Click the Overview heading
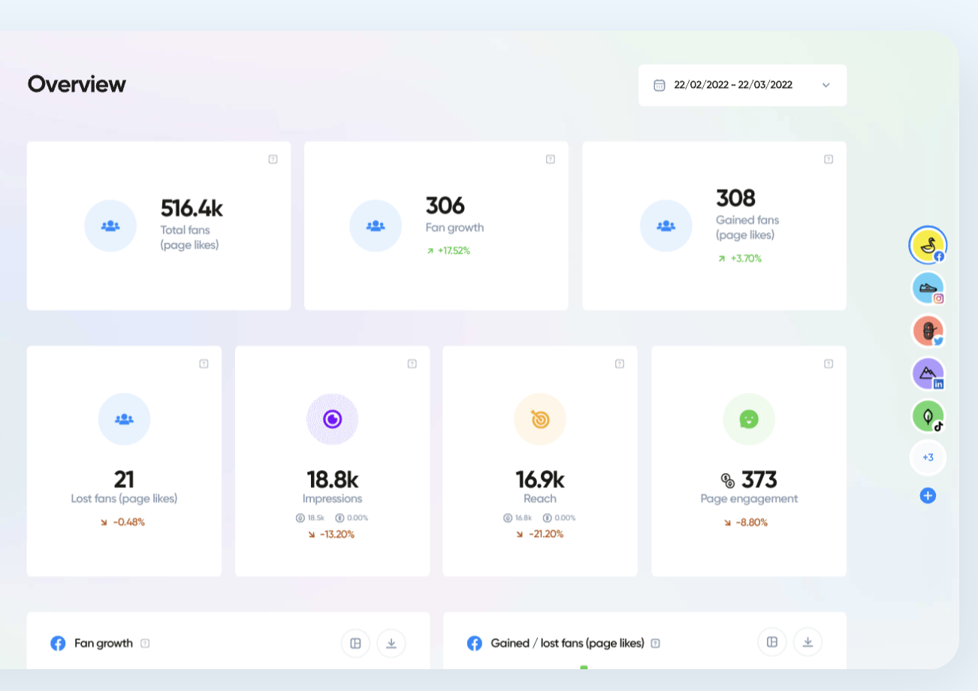click(x=77, y=84)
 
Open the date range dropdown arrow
click(x=826, y=85)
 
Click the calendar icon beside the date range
click(x=659, y=85)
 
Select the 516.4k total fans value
click(x=192, y=208)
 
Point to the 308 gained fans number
click(x=735, y=198)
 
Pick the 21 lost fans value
click(x=124, y=479)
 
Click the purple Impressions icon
click(x=332, y=419)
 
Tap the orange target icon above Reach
click(x=539, y=419)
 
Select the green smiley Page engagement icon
click(x=748, y=419)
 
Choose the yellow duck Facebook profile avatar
click(x=927, y=245)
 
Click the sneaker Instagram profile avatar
click(x=927, y=288)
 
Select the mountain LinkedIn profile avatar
click(x=927, y=373)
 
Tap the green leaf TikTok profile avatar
click(x=927, y=415)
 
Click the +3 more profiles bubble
click(x=928, y=457)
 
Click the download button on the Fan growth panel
click(x=391, y=643)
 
